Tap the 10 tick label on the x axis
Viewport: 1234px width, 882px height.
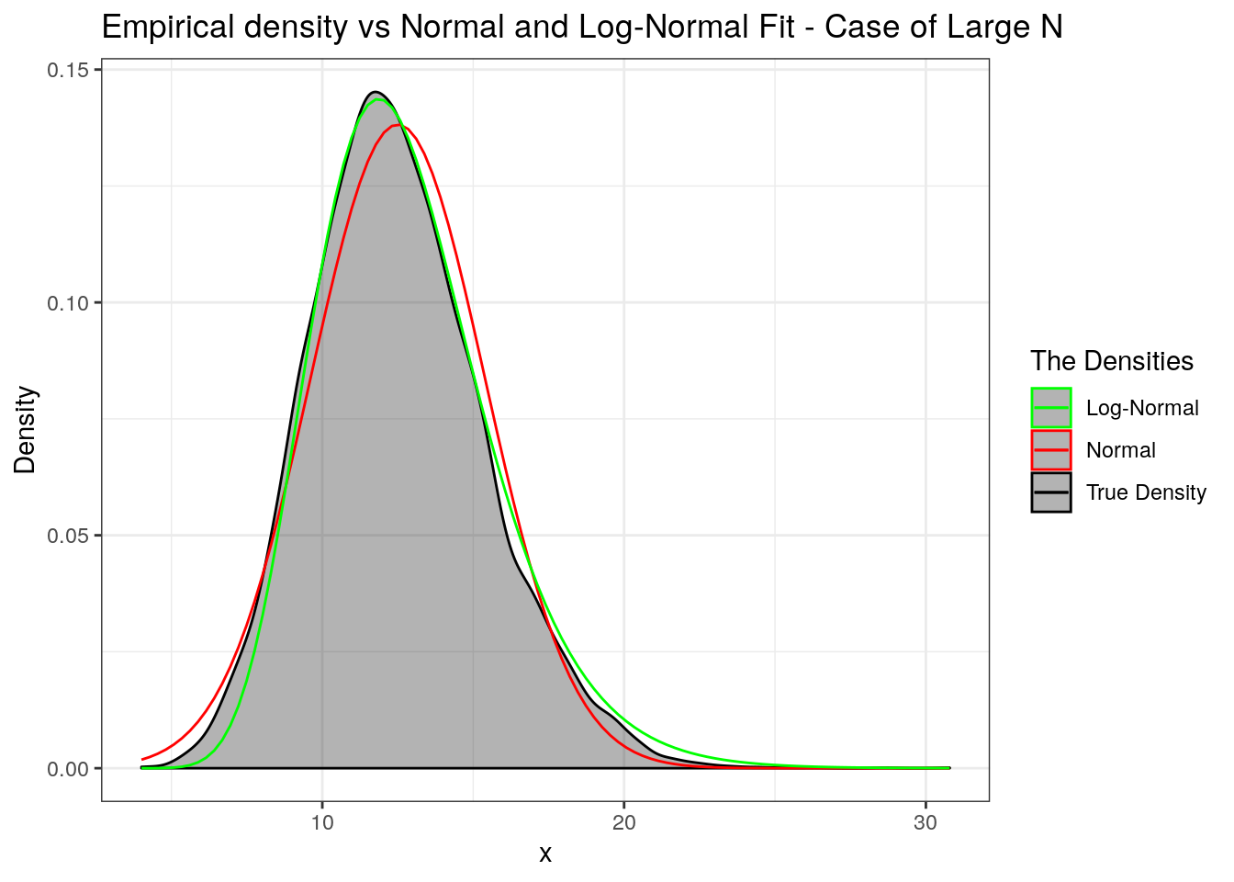322,822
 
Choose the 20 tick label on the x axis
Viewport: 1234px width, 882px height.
624,822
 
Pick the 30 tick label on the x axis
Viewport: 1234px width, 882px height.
925,822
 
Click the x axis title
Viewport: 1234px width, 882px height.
545,854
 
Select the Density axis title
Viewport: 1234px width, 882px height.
25,429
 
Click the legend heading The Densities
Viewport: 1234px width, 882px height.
1112,361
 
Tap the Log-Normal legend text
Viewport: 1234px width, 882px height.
1142,408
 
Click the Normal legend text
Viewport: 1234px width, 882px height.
1120,450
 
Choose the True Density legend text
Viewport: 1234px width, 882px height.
1146,492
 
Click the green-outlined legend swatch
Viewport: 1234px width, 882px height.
1051,408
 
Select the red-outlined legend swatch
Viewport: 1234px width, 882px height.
1051,450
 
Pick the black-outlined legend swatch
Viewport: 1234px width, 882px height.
1051,492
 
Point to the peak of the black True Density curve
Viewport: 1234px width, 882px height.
375,92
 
